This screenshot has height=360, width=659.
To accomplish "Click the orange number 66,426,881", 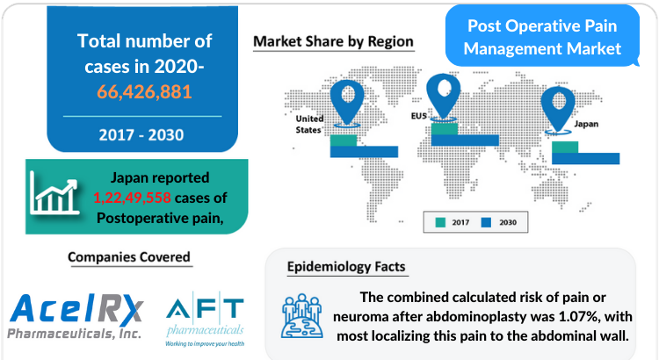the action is click(144, 91).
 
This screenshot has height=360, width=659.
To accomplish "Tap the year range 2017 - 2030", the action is click(141, 135).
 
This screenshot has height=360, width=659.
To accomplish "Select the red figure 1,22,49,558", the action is click(132, 198).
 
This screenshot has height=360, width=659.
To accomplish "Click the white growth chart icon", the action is click(54, 193).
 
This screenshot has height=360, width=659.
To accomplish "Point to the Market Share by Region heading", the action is click(333, 41).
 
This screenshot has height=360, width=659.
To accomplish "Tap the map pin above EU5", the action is click(443, 96).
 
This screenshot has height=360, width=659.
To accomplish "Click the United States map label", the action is click(309, 125).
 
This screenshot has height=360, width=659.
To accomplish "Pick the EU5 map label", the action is click(418, 116).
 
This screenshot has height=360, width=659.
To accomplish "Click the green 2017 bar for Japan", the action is click(565, 147).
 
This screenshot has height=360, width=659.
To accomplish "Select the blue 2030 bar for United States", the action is click(364, 152).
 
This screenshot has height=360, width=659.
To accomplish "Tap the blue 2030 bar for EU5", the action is click(465, 140).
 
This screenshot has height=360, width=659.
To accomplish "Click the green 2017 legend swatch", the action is click(440, 222).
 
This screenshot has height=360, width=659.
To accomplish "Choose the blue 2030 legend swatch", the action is click(486, 222).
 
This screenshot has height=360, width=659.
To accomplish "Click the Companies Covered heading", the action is click(129, 256).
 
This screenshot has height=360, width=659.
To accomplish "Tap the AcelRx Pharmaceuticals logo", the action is click(76, 316).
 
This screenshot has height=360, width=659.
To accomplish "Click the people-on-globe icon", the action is click(301, 316).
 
